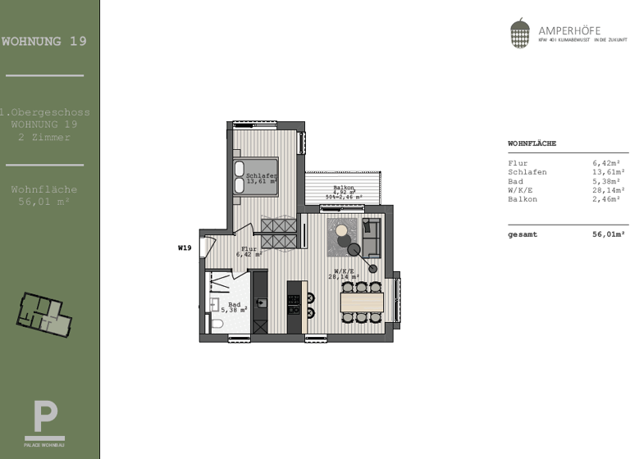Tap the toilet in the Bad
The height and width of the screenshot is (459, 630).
click(x=217, y=325)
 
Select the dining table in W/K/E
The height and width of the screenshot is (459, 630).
click(x=362, y=302)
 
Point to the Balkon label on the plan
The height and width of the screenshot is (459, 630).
click(x=344, y=188)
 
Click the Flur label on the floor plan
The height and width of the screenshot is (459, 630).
click(x=249, y=248)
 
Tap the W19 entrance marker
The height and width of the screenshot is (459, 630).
click(x=185, y=247)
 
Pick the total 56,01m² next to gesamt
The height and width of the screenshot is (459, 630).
click(x=608, y=234)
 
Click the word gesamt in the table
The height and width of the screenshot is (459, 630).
click(x=523, y=234)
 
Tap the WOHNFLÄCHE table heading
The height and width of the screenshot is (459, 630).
click(x=532, y=143)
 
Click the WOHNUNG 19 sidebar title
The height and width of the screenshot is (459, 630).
click(x=44, y=41)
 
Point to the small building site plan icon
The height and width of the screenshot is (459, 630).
click(x=44, y=311)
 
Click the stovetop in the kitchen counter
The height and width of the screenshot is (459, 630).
click(x=293, y=302)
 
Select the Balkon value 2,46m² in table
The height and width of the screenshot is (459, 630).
click(x=608, y=199)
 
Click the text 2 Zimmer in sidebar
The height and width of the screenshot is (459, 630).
click(x=44, y=138)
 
